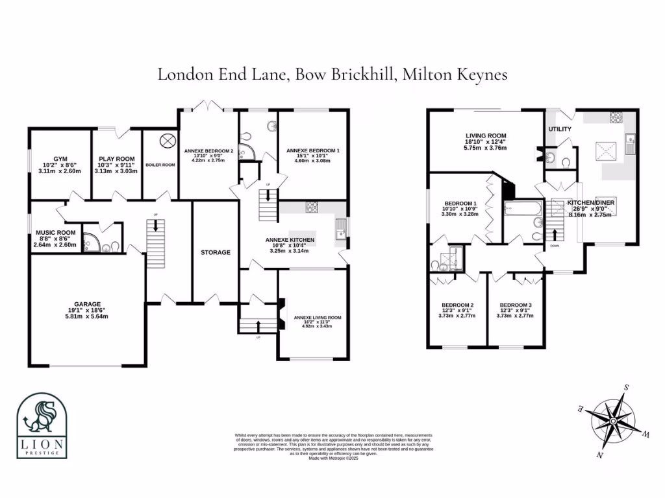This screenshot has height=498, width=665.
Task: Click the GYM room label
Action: pyautogui.click(x=60, y=158)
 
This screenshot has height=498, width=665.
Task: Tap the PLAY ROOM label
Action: pyautogui.click(x=116, y=158)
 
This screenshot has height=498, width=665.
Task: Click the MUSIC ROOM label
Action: pyautogui.click(x=55, y=232)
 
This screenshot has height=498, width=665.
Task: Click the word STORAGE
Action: pyautogui.click(x=215, y=252)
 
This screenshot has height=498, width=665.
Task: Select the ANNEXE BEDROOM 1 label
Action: pyautogui.click(x=312, y=150)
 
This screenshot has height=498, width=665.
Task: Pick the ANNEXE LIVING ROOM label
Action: pyautogui.click(x=318, y=318)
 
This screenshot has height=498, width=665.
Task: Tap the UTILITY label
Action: pyautogui.click(x=560, y=129)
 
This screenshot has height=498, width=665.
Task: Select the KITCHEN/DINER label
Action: pyautogui.click(x=591, y=203)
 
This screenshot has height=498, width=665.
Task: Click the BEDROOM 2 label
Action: pyautogui.click(x=457, y=305)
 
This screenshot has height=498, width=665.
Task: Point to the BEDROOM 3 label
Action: pyautogui.click(x=516, y=305)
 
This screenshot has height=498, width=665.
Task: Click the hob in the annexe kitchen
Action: pyautogui.click(x=312, y=207)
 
